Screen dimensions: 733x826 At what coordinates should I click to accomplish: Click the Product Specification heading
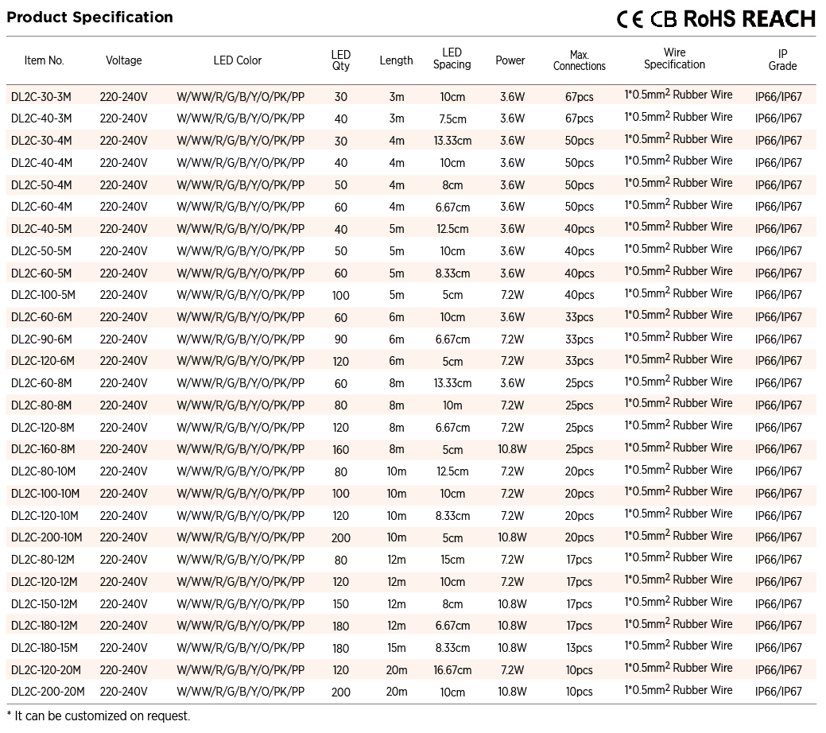pyautogui.click(x=90, y=17)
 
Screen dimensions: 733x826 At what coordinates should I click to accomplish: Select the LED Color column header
pyautogui.click(x=237, y=60)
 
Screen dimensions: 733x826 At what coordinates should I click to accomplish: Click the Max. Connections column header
pyautogui.click(x=579, y=60)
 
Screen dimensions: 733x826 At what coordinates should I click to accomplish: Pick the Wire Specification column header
pyautogui.click(x=674, y=59)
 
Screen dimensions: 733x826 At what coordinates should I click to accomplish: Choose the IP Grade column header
pyautogui.click(x=782, y=60)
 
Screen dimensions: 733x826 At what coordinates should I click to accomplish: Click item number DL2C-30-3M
pyautogui.click(x=41, y=97)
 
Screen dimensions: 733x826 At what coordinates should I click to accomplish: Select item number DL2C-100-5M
pyautogui.click(x=44, y=295)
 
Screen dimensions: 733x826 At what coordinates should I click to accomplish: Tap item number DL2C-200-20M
pyautogui.click(x=48, y=692)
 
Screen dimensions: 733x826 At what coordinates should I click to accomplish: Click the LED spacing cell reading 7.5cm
pyautogui.click(x=452, y=119)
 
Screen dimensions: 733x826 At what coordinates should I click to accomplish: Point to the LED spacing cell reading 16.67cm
pyautogui.click(x=452, y=670)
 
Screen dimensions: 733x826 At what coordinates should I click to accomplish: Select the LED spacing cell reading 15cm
pyautogui.click(x=452, y=560)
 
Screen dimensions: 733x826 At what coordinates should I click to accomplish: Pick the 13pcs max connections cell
pyautogui.click(x=580, y=648)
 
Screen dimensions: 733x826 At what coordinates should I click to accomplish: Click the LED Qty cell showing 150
pyautogui.click(x=340, y=604)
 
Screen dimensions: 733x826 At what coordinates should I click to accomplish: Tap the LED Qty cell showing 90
pyautogui.click(x=340, y=339)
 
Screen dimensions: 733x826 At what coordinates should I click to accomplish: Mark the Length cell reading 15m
pyautogui.click(x=396, y=648)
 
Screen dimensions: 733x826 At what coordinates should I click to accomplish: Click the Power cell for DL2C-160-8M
pyautogui.click(x=512, y=449)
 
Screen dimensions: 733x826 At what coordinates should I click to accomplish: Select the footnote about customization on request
pyautogui.click(x=99, y=716)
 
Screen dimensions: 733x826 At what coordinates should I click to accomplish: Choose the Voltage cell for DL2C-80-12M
pyautogui.click(x=123, y=560)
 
